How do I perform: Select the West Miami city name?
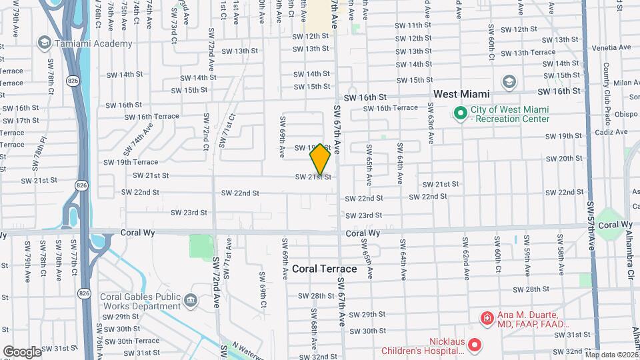tap(461, 94)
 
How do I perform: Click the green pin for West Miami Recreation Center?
tap(459, 113)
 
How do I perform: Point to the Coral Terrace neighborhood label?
tap(324, 269)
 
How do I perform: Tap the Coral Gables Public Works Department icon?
tap(192, 301)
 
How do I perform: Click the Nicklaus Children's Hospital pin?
tap(474, 345)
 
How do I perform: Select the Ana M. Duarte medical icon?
tap(487, 319)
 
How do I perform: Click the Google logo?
tap(22, 351)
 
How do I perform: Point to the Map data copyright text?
tap(611, 355)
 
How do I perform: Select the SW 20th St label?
tap(563, 159)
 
